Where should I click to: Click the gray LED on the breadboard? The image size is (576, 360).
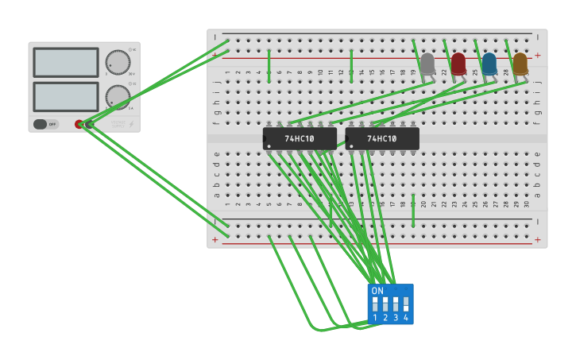pos(427,64)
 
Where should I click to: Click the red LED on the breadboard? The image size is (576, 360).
pos(458,64)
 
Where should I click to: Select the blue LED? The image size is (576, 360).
pos(489,64)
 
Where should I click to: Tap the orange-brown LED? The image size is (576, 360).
pos(520,64)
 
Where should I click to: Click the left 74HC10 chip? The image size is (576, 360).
pos(300,138)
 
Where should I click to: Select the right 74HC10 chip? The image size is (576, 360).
pos(382,138)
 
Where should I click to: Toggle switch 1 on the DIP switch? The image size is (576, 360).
pos(375,304)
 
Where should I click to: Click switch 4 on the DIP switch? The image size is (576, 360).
pos(406,304)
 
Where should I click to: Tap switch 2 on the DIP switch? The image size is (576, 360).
pos(385,304)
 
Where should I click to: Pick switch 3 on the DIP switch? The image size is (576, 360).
pos(396,304)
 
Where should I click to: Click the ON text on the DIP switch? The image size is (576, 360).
pos(377,291)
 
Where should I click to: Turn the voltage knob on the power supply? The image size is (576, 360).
pos(118,62)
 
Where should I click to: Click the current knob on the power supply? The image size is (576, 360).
pos(118,97)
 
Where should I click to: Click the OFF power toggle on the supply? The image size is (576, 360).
pos(45,124)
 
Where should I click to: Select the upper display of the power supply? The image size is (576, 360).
pos(66,62)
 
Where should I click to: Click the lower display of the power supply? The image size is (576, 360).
pos(66,97)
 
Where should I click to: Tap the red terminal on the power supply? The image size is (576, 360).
pos(79,124)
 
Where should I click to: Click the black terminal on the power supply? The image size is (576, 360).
pos(89,124)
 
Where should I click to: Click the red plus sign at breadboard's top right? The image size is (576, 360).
pos(538,56)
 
